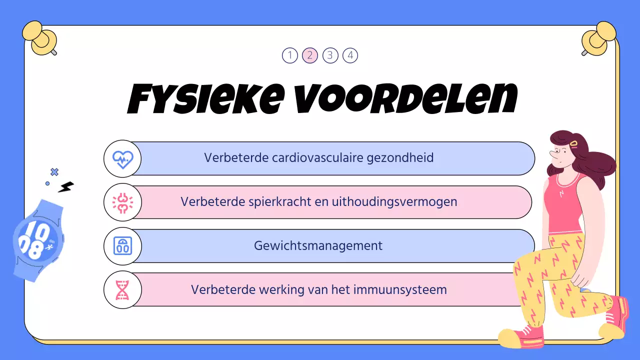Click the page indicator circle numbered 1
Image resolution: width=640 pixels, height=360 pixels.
click(x=290, y=55)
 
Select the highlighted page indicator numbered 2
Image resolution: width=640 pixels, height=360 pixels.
click(x=310, y=55)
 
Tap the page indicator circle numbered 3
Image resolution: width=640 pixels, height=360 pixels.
click(x=330, y=55)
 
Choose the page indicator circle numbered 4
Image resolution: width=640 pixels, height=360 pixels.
click(x=350, y=55)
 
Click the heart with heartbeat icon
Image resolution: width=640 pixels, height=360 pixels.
click(x=122, y=159)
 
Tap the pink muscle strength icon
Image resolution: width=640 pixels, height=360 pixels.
click(x=122, y=202)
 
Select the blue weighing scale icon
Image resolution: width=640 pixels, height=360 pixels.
click(x=122, y=246)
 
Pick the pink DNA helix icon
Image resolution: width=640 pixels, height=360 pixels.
click(x=122, y=290)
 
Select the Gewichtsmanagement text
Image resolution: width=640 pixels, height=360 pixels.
click(x=318, y=246)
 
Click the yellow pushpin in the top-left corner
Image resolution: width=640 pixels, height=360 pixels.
click(x=42, y=37)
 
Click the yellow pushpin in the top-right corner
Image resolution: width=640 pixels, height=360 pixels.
click(x=597, y=37)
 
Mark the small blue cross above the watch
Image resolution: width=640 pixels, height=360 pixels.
click(x=54, y=172)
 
